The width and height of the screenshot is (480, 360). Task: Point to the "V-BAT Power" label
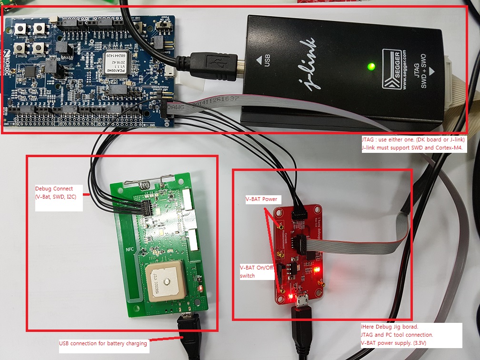(x=261, y=199)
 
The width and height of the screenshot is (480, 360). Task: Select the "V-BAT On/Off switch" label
(x=257, y=271)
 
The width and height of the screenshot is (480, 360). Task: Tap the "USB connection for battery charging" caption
(x=103, y=343)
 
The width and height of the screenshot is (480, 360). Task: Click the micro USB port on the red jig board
(x=301, y=300)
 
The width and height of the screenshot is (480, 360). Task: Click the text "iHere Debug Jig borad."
(x=389, y=327)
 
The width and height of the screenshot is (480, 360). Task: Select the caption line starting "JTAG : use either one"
(x=412, y=140)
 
